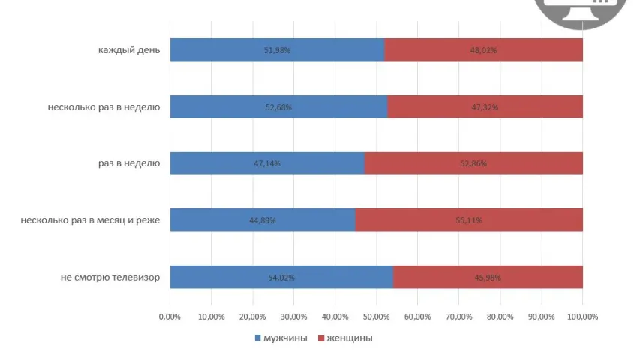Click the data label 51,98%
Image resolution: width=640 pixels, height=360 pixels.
pyautogui.click(x=277, y=50)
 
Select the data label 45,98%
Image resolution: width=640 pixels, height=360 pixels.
pyautogui.click(x=488, y=277)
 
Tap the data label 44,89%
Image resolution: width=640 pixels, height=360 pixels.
pyautogui.click(x=263, y=220)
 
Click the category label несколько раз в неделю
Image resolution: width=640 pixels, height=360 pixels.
pyautogui.click(x=104, y=107)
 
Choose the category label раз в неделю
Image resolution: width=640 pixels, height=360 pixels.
pyautogui.click(x=128, y=163)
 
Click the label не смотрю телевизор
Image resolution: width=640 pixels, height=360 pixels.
pyautogui.click(x=110, y=277)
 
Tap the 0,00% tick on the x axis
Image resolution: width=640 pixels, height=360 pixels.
pyautogui.click(x=170, y=316)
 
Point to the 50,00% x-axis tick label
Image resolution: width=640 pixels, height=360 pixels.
pyautogui.click(x=377, y=316)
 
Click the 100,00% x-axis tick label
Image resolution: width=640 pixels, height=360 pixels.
pyautogui.click(x=582, y=316)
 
